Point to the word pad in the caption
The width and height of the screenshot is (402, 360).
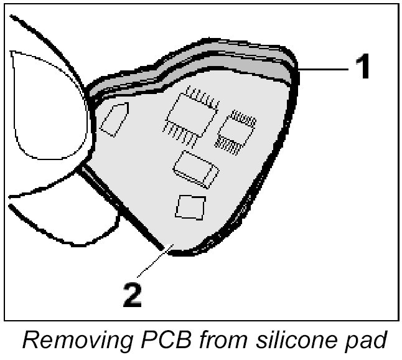pyautogui.click(x=372, y=341)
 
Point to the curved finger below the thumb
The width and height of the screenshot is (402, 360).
pyautogui.click(x=62, y=218)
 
